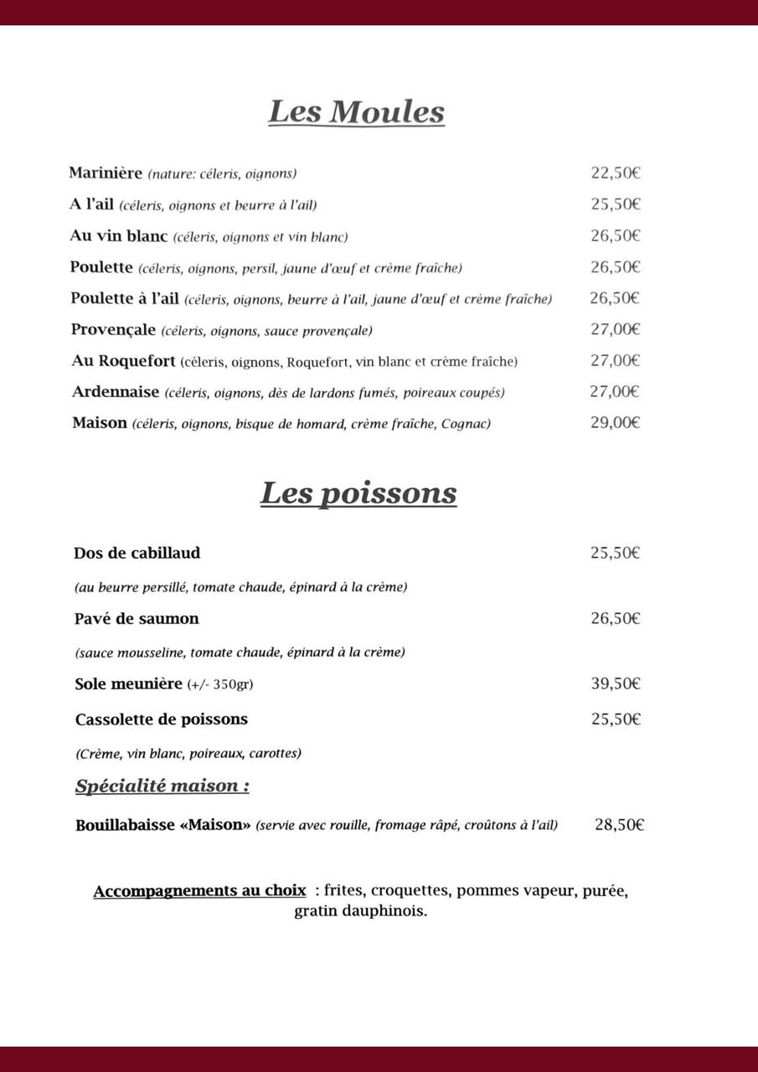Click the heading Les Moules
pos(356,112)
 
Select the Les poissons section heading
pos(358,493)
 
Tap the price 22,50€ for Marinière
pos(616,173)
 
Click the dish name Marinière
pos(106,173)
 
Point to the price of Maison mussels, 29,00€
pos(616,422)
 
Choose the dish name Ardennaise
pos(116,392)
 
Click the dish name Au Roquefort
pos(124,361)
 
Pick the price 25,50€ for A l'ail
pos(616,204)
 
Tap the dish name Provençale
pos(113,330)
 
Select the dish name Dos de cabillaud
pos(137,554)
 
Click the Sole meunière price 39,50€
pos(616,683)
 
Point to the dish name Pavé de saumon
pos(137,619)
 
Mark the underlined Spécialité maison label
pos(162,786)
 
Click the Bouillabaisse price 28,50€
pos(619,825)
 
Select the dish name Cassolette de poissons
pos(162,719)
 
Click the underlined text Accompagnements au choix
pos(199,891)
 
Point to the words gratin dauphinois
pos(360,911)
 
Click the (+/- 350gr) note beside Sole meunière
pos(220,684)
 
